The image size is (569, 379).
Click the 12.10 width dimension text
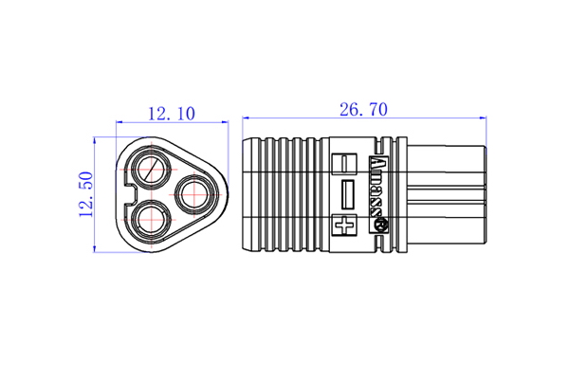point(171,114)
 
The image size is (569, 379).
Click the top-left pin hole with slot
point(151,171)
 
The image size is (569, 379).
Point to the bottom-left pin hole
point(151,220)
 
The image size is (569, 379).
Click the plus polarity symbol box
point(344,226)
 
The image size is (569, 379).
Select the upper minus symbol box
point(344,164)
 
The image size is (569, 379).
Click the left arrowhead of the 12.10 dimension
point(119,122)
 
